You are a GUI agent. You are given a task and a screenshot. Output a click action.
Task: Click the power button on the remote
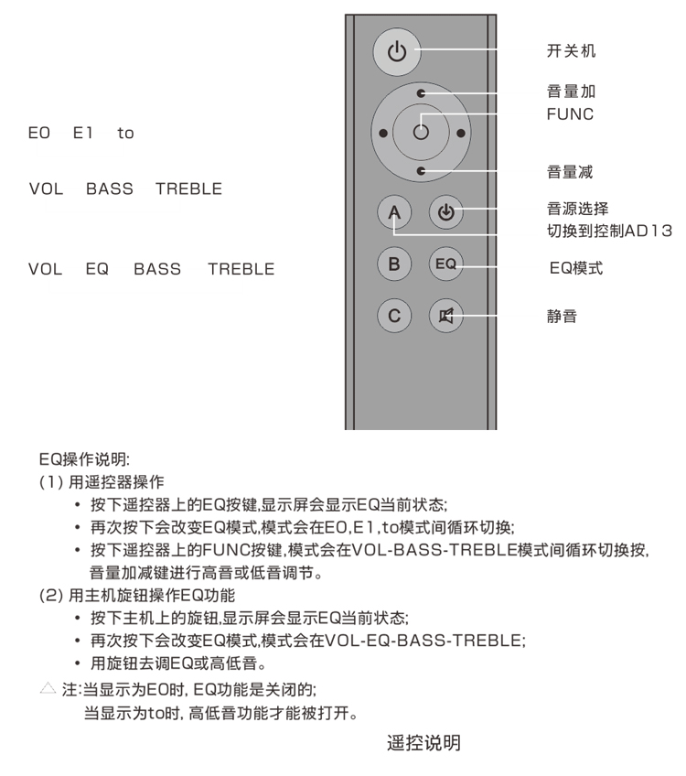pyautogui.click(x=396, y=51)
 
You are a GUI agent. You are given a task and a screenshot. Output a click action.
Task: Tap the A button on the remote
pyautogui.click(x=394, y=213)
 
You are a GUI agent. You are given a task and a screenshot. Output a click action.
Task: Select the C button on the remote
pyautogui.click(x=394, y=316)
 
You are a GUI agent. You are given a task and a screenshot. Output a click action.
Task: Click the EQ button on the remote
pyautogui.click(x=445, y=264)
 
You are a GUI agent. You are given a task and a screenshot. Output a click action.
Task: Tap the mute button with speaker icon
pyautogui.click(x=445, y=316)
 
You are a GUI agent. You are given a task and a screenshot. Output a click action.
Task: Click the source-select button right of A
pyautogui.click(x=445, y=213)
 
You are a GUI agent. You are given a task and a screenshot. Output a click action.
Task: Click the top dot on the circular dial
pyautogui.click(x=421, y=93)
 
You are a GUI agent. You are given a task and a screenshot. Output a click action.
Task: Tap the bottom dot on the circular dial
pyautogui.click(x=421, y=171)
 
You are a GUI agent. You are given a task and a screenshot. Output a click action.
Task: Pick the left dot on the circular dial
pyautogui.click(x=382, y=133)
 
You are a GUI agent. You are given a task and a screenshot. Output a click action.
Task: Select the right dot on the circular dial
pyautogui.click(x=460, y=133)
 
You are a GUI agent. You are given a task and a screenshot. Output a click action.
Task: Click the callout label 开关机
pyautogui.click(x=571, y=51)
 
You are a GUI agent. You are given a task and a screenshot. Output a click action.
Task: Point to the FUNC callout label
pyautogui.click(x=570, y=114)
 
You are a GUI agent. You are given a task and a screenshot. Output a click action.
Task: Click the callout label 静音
pyautogui.click(x=562, y=317)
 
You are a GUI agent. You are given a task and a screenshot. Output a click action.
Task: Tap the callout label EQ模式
pyautogui.click(x=575, y=268)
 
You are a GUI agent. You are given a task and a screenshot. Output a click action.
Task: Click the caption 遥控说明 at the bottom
pyautogui.click(x=423, y=743)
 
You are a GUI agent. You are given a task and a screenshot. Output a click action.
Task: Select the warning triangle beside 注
pyautogui.click(x=48, y=686)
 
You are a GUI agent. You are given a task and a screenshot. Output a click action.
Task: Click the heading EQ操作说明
pyautogui.click(x=84, y=458)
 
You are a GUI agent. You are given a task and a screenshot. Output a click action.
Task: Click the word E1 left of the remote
pyautogui.click(x=83, y=134)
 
